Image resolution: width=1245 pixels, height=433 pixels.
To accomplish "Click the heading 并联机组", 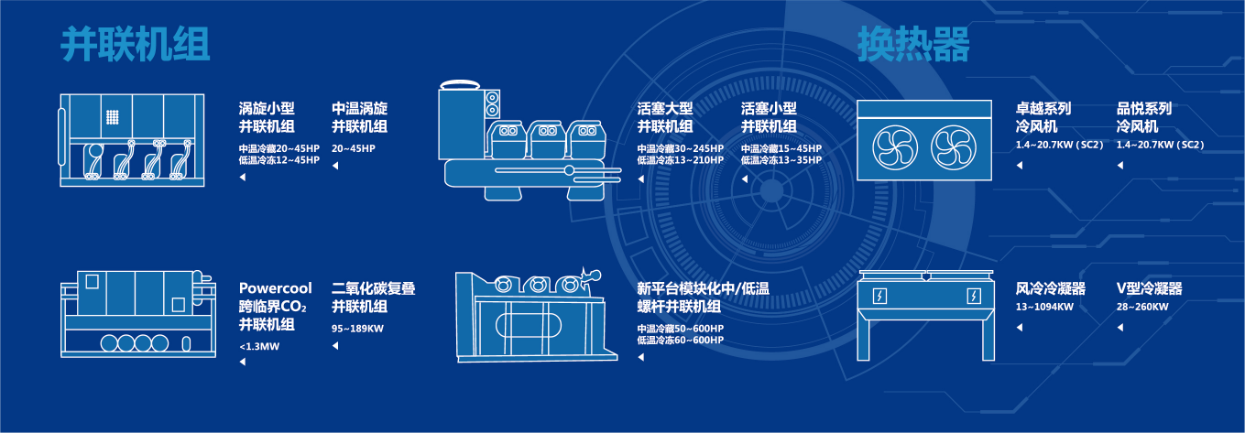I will pos(136,44).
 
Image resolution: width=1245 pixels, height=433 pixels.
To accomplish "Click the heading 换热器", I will pos(913,44).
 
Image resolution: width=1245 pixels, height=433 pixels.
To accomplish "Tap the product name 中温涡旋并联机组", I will pos(359,117).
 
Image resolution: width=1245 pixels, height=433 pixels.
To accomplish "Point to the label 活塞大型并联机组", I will pos(665,117).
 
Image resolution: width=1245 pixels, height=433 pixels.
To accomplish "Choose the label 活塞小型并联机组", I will pos(769,117).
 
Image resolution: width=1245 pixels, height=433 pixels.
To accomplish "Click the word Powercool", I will pos(276,288).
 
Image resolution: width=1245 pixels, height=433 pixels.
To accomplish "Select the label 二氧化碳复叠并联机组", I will pos(373,298).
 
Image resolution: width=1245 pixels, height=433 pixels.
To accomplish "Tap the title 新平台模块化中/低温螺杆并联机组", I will pos(704,298).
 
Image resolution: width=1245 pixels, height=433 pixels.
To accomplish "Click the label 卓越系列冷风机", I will pos(1043,117).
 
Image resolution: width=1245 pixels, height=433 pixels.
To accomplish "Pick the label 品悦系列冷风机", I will pos(1144,117).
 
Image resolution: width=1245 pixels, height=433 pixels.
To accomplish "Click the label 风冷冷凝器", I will pos(1051,288).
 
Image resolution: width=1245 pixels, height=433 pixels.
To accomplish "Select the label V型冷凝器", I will pos(1149,288).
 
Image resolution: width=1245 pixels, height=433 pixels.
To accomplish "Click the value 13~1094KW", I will pos(1044,307).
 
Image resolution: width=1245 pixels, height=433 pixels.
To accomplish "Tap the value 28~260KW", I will pos(1142,307).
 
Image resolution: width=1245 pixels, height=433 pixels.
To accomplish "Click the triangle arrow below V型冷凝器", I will pos(1119,327).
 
